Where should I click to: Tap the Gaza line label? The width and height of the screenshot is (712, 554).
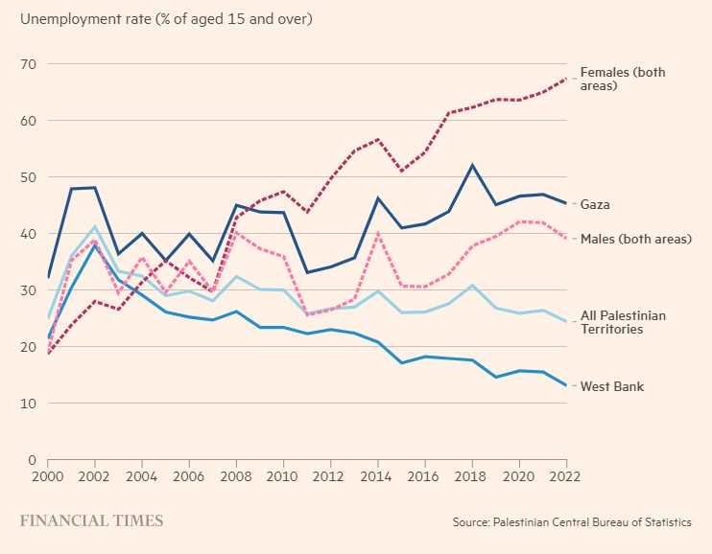596,205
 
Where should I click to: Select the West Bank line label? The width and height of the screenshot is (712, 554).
611,386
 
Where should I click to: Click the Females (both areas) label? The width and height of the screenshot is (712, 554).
622,79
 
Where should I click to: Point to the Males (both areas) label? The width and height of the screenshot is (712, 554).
635,238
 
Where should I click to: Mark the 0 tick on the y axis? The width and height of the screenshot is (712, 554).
32,460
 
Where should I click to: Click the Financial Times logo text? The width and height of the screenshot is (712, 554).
91,521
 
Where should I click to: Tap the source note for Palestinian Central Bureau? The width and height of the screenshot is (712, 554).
572,522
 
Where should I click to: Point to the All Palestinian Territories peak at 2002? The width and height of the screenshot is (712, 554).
95,227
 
